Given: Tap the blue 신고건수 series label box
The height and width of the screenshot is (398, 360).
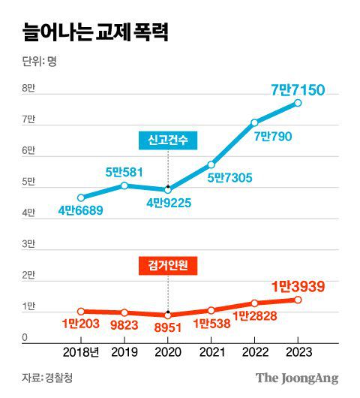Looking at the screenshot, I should coord(167,140).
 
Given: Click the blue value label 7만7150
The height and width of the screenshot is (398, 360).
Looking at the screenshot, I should coord(298,90).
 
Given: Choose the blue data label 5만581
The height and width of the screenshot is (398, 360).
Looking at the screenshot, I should coord(124,172).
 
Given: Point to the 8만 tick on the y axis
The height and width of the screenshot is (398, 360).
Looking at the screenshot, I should coord(29,89).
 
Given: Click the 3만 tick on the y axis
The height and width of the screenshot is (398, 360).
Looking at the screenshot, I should coord(29,245).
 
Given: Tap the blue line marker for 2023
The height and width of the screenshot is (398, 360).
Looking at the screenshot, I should coord(298,103).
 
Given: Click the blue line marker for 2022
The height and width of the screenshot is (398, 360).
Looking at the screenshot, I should coord(254,122).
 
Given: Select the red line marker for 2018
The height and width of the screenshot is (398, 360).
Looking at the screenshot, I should coord(81,311).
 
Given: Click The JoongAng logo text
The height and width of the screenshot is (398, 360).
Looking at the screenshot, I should coord(298,378).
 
